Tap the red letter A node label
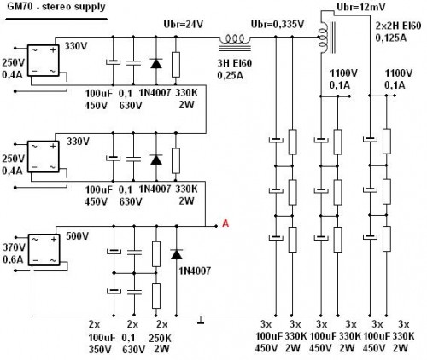coord(225,224)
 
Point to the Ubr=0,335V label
coord(272,24)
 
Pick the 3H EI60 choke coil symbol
coord(237,38)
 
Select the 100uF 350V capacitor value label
coord(100,343)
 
